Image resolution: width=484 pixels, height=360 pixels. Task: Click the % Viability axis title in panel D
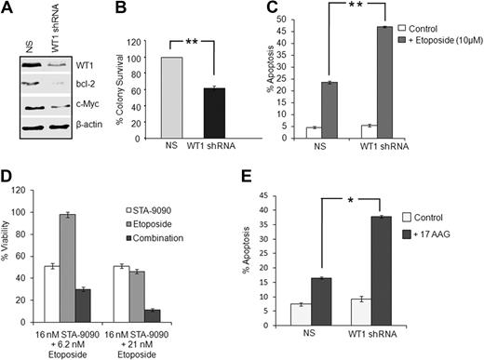click(x=10, y=257)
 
